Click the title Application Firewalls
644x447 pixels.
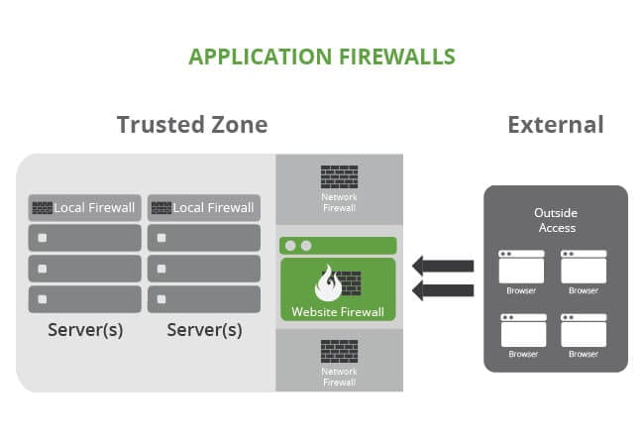pyautogui.click(x=322, y=56)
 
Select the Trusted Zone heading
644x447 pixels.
pyautogui.click(x=192, y=125)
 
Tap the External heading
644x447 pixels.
pyautogui.click(x=555, y=125)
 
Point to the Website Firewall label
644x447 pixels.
pyautogui.click(x=338, y=311)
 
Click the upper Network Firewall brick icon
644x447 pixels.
pyautogui.click(x=339, y=177)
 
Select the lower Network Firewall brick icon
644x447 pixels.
pyautogui.click(x=339, y=351)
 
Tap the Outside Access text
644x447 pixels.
pyautogui.click(x=555, y=220)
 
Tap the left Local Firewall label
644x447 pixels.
pyautogui.click(x=96, y=208)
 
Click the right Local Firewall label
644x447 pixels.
pyautogui.click(x=214, y=208)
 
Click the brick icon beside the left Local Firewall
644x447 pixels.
pyautogui.click(x=42, y=208)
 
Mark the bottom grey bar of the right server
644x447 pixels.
pyautogui.click(x=204, y=298)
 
